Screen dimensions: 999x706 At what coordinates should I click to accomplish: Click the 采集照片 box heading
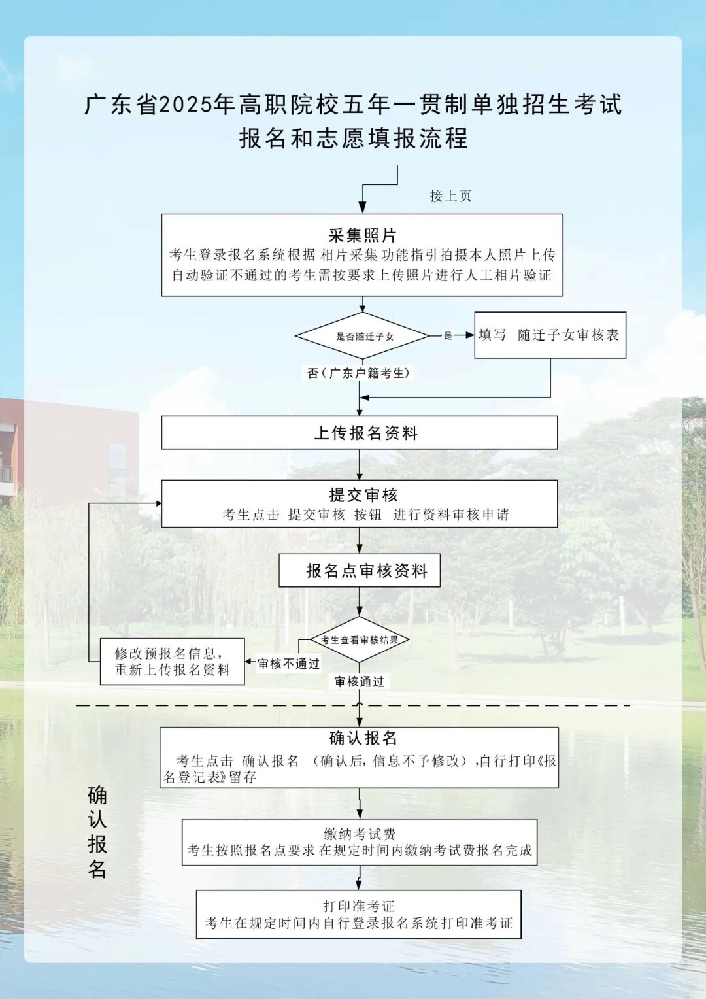(362, 235)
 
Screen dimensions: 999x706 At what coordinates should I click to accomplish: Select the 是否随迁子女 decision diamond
(363, 336)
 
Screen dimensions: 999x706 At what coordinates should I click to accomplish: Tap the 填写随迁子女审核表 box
(550, 335)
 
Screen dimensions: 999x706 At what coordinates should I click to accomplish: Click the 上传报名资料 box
(360, 433)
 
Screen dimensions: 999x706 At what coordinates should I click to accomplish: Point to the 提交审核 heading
(363, 495)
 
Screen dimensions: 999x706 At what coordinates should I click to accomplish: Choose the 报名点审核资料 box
(360, 571)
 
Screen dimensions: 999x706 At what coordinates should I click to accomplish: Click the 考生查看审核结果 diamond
(360, 640)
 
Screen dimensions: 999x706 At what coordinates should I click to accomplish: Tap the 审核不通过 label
(288, 664)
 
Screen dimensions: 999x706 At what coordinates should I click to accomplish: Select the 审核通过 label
(360, 681)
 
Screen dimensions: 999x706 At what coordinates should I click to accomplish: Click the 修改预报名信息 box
(172, 661)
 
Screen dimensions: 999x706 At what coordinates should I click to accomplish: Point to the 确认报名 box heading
(363, 738)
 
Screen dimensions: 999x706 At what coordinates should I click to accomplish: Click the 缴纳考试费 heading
(360, 834)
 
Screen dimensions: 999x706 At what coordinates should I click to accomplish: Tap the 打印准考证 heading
(359, 906)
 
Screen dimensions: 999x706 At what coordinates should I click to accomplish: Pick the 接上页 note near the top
(450, 195)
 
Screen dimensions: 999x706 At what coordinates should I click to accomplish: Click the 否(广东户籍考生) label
(359, 373)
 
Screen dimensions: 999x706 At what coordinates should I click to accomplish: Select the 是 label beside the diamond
(448, 335)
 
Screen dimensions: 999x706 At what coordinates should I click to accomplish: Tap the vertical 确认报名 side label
(97, 832)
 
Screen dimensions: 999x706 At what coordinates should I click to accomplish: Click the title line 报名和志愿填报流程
(353, 138)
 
